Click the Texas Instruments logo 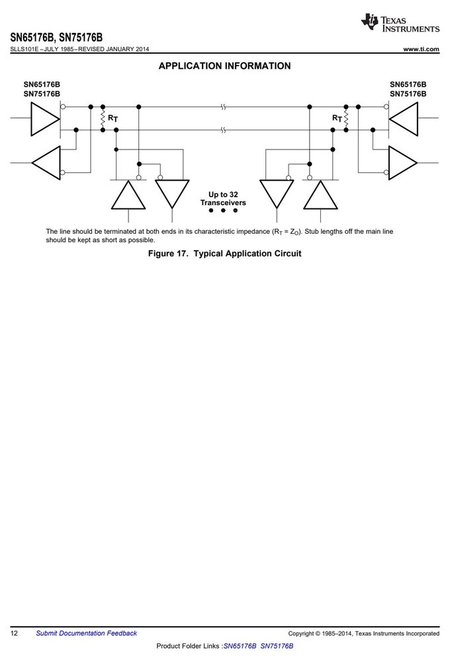pos(400,23)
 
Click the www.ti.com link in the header pos(421,49)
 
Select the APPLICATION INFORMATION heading pos(224,66)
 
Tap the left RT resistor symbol pos(103,118)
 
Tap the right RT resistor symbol pos(346,118)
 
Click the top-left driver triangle pos(45,118)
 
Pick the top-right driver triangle pos(403,118)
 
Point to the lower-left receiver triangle pos(46,163)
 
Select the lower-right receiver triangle pos(403,163)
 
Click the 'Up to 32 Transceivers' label pos(223,199)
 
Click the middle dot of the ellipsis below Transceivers pos(223,211)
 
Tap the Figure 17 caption pos(224,254)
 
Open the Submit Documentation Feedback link pos(86,633)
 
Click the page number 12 pos(14,633)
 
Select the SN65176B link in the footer pos(240,646)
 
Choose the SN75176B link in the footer pos(277,646)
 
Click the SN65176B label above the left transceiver pos(42,85)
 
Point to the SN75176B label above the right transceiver pos(408,94)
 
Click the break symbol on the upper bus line pos(223,107)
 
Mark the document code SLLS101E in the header pos(24,49)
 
